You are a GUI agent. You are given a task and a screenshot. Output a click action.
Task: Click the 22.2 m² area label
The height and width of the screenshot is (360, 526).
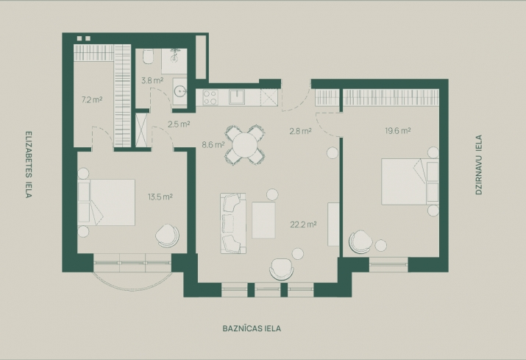point(303,225)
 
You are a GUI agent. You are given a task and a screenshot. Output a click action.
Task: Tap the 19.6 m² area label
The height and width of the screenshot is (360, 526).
point(398,130)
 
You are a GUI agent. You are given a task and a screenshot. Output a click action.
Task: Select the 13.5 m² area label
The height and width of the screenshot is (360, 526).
point(160,197)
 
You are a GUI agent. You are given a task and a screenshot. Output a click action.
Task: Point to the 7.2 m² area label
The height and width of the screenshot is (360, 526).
point(92,99)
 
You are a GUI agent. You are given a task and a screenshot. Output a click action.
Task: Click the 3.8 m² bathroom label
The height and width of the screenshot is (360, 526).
point(152,80)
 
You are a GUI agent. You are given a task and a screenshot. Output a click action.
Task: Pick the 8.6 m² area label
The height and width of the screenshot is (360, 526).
point(213,145)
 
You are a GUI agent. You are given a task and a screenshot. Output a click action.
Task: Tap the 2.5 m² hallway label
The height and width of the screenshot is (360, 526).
point(179,124)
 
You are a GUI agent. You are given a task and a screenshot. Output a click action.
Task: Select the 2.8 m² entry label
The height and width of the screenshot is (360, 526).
point(301,131)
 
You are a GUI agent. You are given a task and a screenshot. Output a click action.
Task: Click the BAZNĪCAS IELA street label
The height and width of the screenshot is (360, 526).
point(252,328)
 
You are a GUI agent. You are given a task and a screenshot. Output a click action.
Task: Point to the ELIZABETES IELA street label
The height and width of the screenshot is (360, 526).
point(29,165)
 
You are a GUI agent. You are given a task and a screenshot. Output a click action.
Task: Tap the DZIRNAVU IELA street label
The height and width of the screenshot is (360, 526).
point(479,165)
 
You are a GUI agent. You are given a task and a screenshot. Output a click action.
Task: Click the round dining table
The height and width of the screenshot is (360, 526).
point(244,145)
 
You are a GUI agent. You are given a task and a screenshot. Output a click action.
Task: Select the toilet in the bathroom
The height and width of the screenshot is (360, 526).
point(148,57)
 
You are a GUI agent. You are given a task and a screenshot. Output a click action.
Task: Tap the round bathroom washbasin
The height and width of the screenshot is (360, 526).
point(180,91)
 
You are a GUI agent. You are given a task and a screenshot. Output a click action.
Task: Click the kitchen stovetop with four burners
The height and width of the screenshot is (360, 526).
point(210,97)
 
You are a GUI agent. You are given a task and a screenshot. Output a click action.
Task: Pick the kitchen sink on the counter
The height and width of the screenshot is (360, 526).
point(237,96)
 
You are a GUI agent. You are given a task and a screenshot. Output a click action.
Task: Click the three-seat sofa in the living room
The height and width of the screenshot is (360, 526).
point(233,223)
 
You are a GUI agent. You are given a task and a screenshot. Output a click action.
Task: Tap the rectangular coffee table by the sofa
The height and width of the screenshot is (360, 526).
point(263,220)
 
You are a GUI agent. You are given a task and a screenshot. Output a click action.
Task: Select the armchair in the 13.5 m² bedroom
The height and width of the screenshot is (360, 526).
point(168,236)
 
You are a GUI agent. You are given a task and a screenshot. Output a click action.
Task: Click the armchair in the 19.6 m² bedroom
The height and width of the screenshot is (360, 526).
point(360,242)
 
